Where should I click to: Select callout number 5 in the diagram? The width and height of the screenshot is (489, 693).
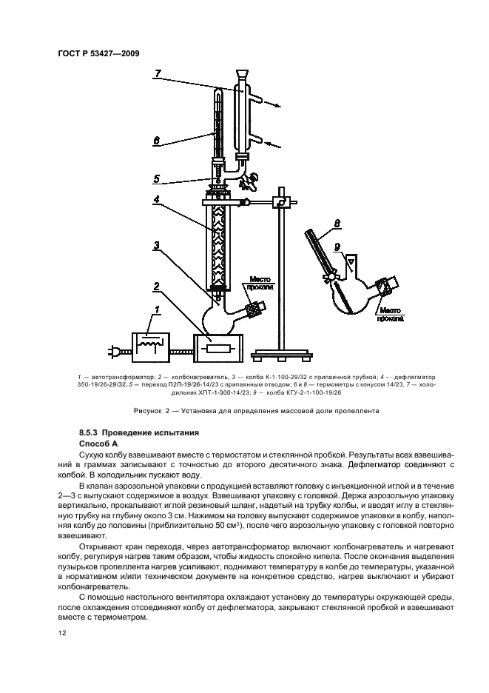[157, 178]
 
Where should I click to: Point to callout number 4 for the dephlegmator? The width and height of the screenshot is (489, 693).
[157, 199]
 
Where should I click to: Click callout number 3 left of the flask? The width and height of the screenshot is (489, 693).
[157, 245]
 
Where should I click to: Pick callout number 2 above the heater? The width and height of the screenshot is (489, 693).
[157, 285]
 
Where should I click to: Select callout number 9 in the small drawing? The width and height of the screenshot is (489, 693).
[337, 247]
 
